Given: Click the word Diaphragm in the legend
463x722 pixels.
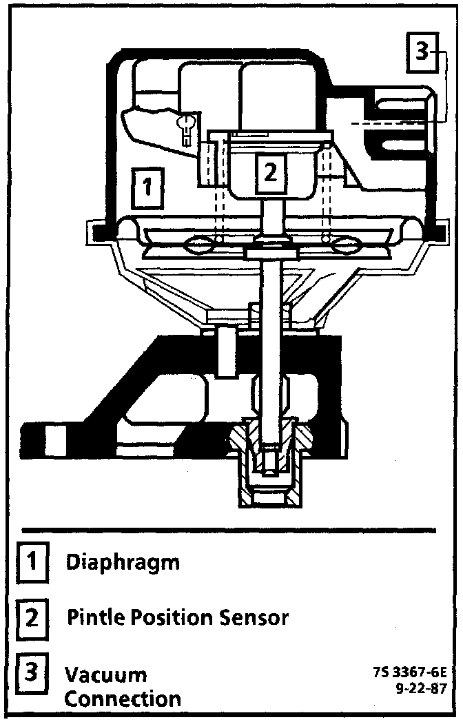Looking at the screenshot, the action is pos(123,563).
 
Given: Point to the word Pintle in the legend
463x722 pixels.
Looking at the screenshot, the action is pos(92,617).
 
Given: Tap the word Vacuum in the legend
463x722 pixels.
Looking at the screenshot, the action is pos(105,673).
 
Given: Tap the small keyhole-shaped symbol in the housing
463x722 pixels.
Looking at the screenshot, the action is pos(186,126).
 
